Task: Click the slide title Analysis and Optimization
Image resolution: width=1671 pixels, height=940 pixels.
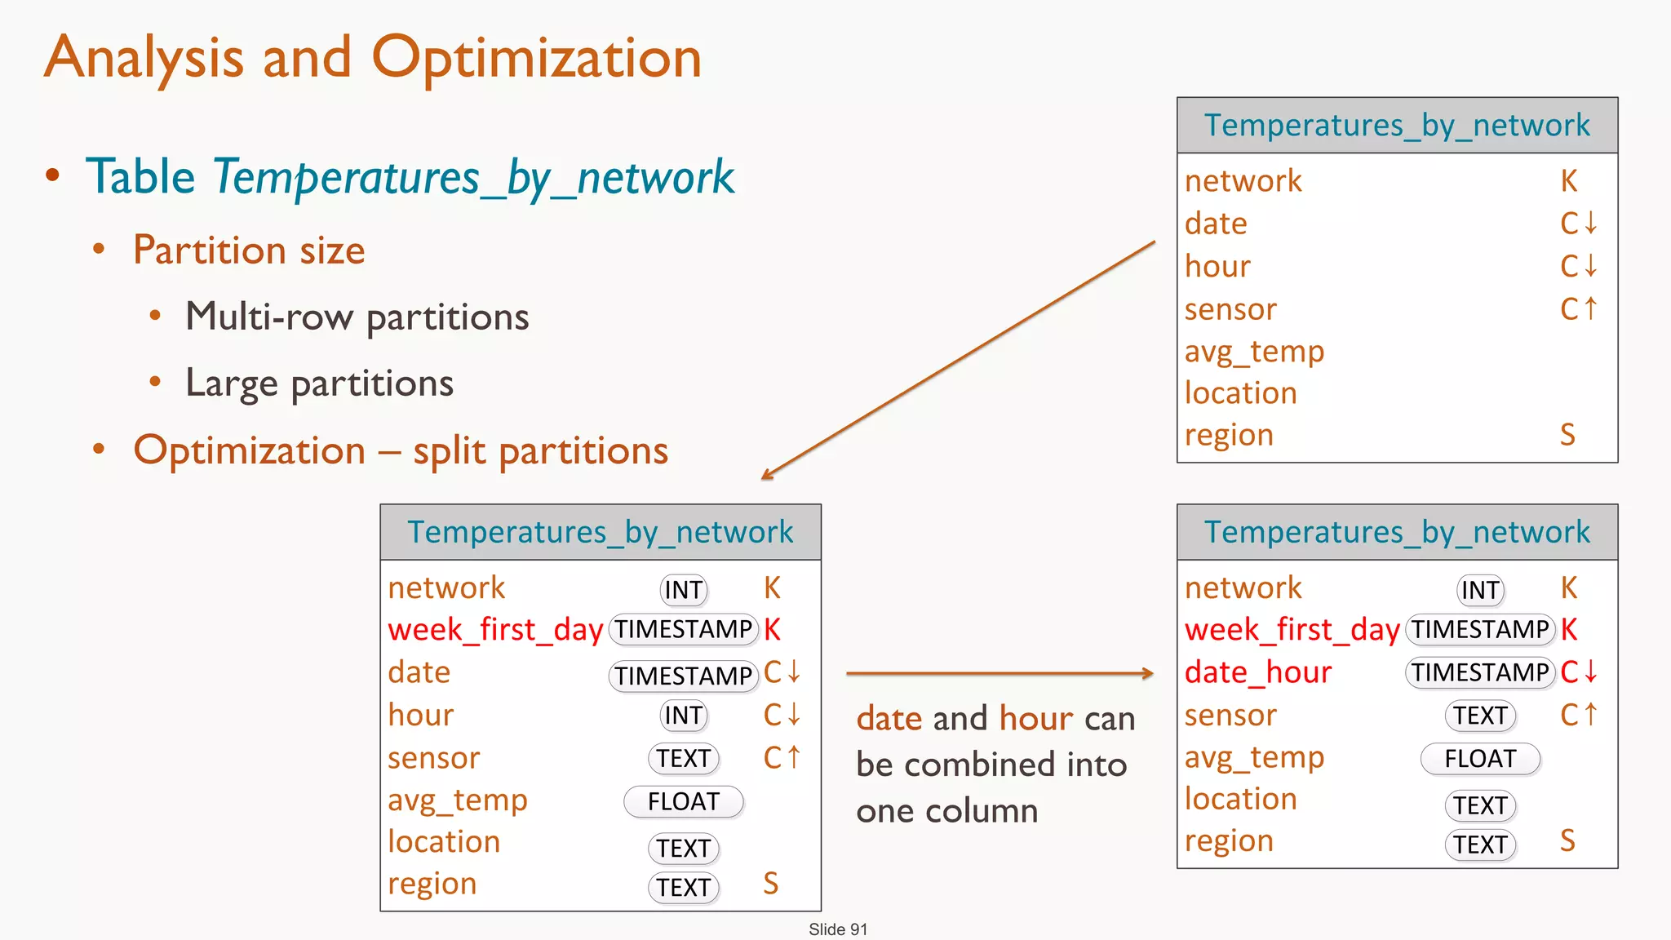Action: tap(373, 59)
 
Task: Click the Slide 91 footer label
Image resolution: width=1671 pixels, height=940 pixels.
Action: tap(838, 929)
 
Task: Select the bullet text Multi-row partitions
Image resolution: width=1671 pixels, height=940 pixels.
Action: tap(357, 317)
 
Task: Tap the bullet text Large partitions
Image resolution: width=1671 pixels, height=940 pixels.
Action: tap(319, 384)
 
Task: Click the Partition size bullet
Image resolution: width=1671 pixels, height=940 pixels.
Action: tap(249, 251)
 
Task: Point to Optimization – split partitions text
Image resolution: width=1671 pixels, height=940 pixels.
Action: tap(401, 451)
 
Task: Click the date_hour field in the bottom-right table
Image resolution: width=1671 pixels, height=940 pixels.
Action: tap(1257, 672)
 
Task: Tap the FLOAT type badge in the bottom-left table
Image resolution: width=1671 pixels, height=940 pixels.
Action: tap(683, 801)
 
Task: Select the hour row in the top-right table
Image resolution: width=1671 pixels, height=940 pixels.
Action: tap(1217, 267)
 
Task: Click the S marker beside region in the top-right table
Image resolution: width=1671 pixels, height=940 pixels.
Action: tap(1567, 435)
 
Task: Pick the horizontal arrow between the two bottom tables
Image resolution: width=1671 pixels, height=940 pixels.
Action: tap(999, 673)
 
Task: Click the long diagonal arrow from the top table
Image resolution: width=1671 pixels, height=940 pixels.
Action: tap(959, 359)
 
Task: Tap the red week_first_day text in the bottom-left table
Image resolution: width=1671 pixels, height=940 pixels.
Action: tap(494, 630)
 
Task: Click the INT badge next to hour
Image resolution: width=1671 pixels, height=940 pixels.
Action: tap(683, 716)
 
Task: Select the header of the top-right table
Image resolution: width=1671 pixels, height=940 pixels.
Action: tap(1397, 126)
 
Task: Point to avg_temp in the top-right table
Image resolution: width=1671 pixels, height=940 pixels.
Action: tap(1254, 352)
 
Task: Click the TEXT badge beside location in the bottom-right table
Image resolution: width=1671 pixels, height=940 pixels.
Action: tap(1479, 805)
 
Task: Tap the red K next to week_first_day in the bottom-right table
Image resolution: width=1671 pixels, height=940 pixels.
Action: tap(1569, 630)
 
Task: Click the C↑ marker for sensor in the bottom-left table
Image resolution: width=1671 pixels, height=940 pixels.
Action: tap(782, 758)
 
